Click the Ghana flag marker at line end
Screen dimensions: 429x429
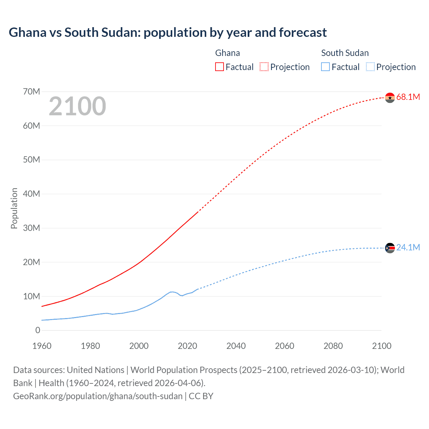390,98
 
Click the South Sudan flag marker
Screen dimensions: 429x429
390,248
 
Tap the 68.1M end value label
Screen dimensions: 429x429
408,97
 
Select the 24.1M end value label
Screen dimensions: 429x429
408,247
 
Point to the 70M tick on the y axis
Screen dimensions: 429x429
32,91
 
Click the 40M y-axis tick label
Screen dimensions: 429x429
32,194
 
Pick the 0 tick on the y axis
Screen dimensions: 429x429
38,330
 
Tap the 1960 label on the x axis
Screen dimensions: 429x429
42,346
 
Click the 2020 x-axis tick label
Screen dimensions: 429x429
187,346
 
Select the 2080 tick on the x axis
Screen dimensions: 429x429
333,346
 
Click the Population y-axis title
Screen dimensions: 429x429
14,208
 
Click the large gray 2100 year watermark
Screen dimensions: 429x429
77,106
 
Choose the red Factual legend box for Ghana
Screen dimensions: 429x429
220,67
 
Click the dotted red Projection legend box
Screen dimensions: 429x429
264,67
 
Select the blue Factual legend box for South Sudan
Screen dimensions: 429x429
325,67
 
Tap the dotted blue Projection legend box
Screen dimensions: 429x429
370,67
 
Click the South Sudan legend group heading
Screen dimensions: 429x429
345,53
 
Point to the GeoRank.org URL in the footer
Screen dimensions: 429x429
98,396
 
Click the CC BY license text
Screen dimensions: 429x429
201,396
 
